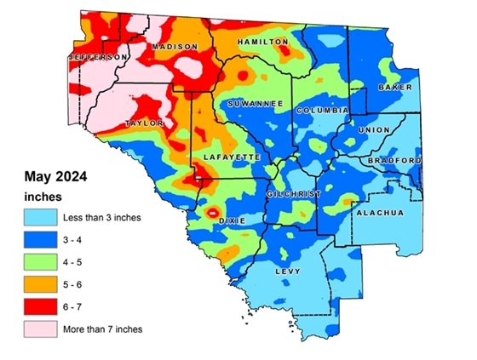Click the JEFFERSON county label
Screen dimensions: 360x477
pyautogui.click(x=97, y=57)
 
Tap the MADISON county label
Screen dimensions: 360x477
pyautogui.click(x=175, y=48)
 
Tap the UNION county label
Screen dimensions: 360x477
pyautogui.click(x=375, y=130)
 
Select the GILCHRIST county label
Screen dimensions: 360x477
pyautogui.click(x=294, y=194)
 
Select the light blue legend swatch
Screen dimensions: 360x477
pyautogui.click(x=40, y=217)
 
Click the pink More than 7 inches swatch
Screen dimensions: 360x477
pyautogui.click(x=40, y=328)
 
